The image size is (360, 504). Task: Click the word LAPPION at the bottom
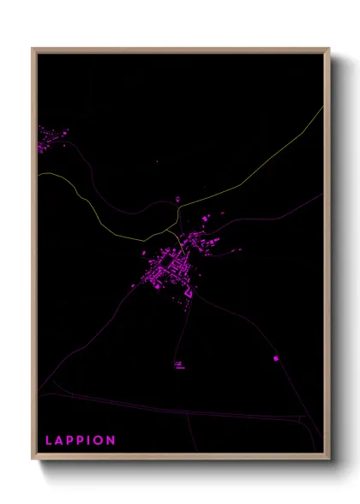tap(80, 441)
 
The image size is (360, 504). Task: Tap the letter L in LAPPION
tap(49, 441)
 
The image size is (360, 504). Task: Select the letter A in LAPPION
tap(60, 441)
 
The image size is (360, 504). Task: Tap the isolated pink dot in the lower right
tap(276, 358)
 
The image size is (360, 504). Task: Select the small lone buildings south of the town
tap(178, 365)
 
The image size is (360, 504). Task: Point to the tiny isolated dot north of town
tap(157, 161)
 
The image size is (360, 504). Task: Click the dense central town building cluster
tap(165, 270)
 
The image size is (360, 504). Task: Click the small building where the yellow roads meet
tap(177, 201)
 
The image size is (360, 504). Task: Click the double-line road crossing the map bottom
tap(171, 409)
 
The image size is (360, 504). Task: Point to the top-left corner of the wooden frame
tap(33, 49)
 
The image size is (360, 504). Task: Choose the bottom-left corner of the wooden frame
tap(33, 459)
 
